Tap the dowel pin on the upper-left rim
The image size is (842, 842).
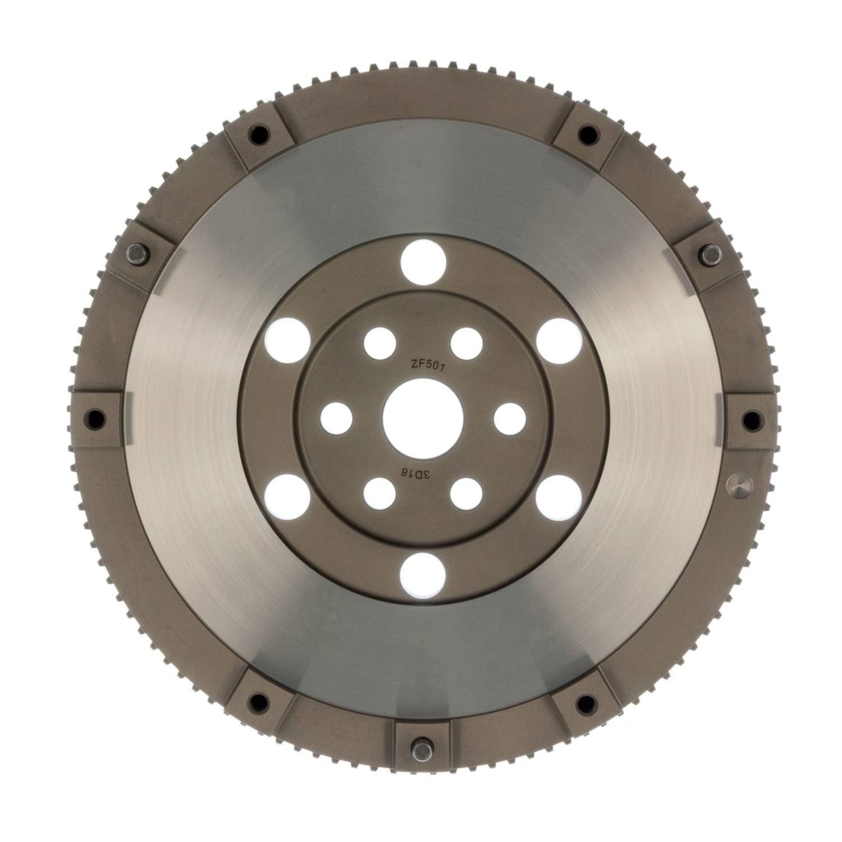(x=136, y=254)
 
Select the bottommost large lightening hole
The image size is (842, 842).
(x=423, y=576)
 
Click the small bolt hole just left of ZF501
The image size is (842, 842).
(x=380, y=343)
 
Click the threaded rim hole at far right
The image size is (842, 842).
(x=750, y=419)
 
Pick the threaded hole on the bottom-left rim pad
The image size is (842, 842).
(x=258, y=701)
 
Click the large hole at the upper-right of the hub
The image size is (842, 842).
(x=559, y=340)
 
